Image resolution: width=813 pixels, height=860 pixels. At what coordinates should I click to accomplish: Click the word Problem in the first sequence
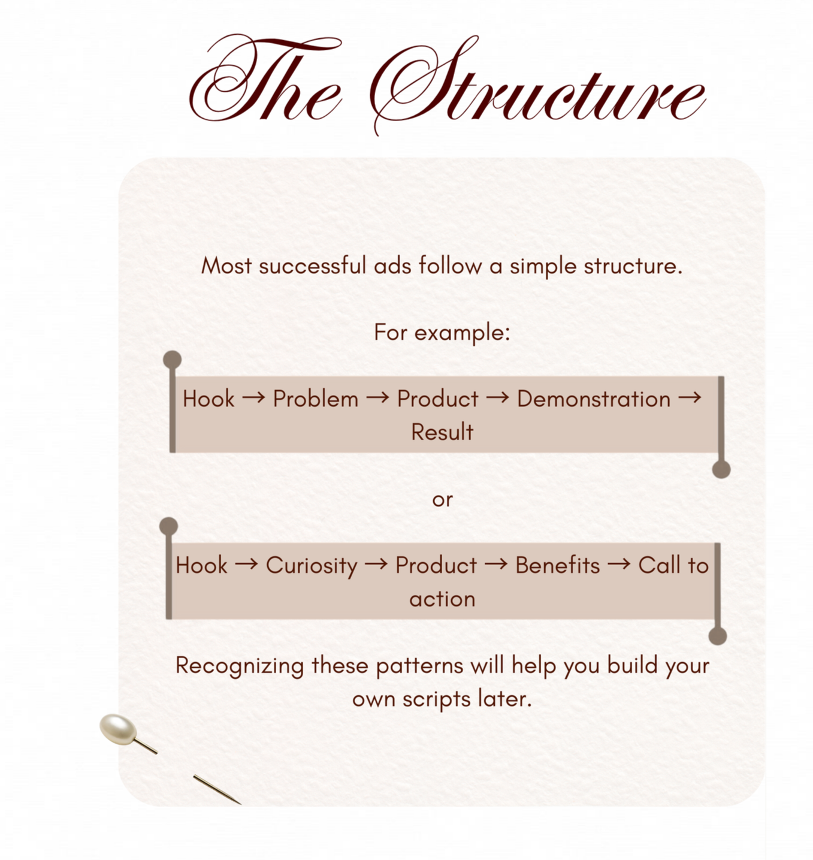coord(316,399)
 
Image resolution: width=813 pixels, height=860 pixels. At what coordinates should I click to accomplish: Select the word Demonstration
coord(594,399)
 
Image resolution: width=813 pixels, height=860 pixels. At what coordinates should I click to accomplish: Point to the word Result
coord(442,432)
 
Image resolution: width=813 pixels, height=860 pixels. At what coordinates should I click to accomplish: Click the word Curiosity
coord(312,566)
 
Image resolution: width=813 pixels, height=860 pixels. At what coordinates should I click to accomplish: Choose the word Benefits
coord(557,565)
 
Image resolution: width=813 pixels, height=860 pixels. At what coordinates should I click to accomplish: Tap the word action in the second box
coord(442,599)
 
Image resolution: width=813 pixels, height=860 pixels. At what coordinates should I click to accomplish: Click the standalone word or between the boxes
coord(442,499)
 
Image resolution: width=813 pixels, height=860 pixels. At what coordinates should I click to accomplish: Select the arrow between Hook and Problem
coord(253,398)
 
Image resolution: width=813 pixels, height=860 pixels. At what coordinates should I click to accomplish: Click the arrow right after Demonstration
coord(690,397)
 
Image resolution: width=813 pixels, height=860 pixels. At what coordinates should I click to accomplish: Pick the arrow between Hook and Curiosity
coord(246,564)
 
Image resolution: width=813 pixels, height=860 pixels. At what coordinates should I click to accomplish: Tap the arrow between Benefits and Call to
coord(619,564)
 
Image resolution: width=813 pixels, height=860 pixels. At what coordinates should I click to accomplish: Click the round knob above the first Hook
coord(172,360)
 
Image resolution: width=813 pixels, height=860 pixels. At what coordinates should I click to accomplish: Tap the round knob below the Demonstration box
coord(721,469)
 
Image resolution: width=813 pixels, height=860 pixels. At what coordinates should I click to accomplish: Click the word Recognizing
coord(240,666)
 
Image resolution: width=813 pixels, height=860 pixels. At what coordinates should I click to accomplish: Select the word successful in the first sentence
coord(312,265)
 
